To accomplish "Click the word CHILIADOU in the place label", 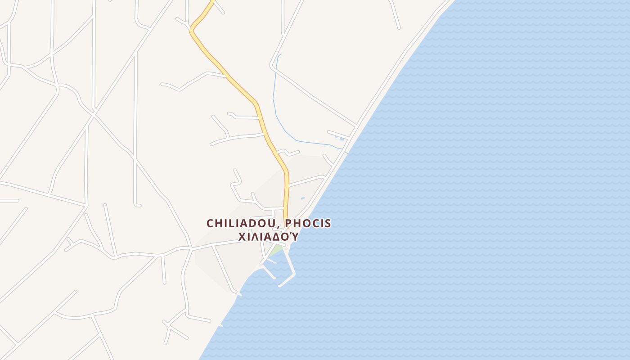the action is click(243, 223).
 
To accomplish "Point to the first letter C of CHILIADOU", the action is click(210, 223).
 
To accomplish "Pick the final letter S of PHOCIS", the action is click(328, 223).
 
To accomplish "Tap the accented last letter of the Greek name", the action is click(294, 236).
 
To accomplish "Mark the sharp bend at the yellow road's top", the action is click(191, 31).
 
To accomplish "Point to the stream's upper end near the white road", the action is click(280, 54).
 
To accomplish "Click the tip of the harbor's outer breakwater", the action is click(280, 285).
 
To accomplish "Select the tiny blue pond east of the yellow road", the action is click(302, 198).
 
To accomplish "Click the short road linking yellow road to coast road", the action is click(306, 181).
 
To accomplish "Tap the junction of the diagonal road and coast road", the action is click(356, 125).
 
